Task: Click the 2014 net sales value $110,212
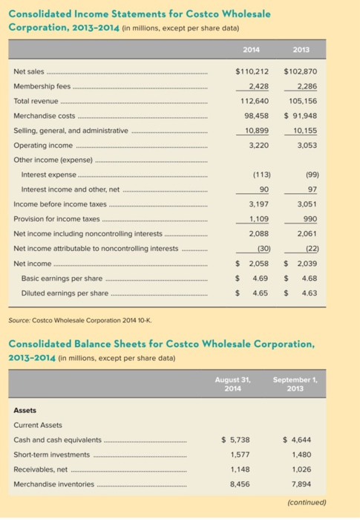coord(251,72)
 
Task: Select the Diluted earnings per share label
coord(62,293)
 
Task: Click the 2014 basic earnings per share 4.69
coord(260,278)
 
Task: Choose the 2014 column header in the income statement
coord(251,51)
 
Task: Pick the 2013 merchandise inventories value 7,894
coord(302,484)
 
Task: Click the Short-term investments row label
coord(53,454)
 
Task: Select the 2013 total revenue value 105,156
coord(304,101)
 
